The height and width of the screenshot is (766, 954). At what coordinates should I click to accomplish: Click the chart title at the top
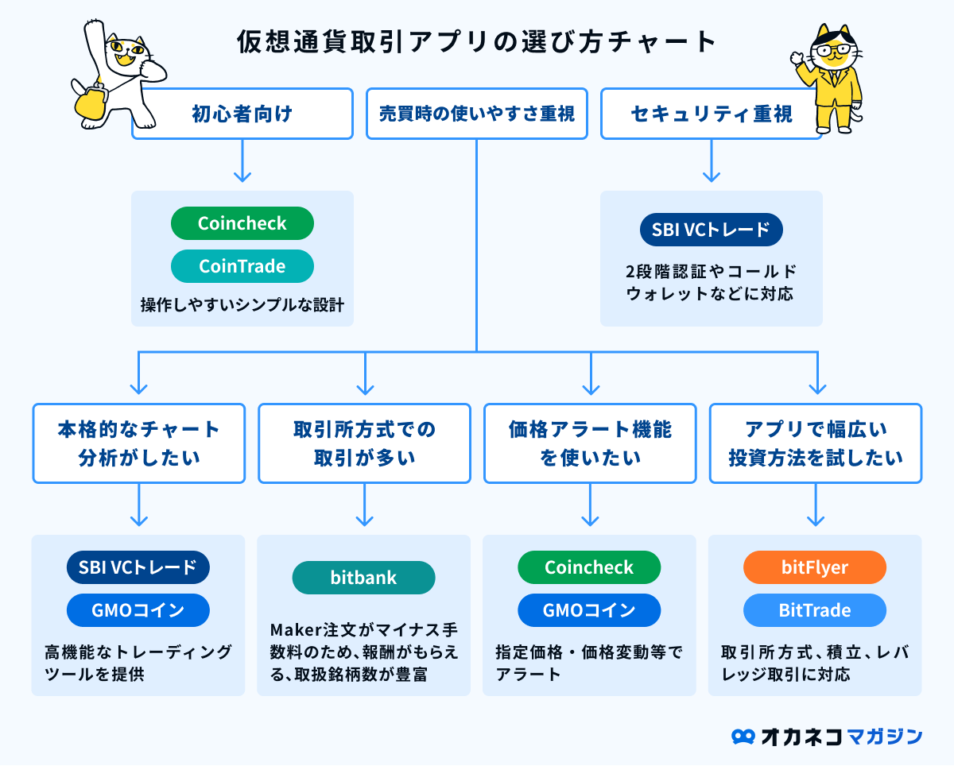[477, 42]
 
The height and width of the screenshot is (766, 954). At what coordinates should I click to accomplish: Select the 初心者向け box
[242, 114]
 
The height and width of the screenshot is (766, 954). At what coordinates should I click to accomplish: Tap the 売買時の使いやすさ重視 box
[476, 114]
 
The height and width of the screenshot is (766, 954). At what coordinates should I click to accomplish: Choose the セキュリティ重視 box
[711, 114]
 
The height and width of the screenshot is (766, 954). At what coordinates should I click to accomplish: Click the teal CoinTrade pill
[242, 266]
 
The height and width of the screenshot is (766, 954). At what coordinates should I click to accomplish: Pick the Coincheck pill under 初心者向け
[242, 223]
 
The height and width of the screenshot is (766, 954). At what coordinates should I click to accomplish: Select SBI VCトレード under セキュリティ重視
[711, 230]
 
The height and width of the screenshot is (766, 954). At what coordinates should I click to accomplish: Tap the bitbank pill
[363, 578]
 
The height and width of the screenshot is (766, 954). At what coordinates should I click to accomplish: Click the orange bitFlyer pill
[814, 567]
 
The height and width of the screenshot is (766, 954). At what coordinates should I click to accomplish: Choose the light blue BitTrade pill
[814, 610]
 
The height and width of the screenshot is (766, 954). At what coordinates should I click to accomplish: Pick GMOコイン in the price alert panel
[589, 610]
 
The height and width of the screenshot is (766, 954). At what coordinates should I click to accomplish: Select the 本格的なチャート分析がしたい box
[138, 443]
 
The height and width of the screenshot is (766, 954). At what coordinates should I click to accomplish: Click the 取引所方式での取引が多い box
[364, 443]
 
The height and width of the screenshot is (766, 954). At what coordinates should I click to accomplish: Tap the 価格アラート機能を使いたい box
[590, 443]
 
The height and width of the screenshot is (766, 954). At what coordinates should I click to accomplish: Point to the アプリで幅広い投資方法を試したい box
[815, 443]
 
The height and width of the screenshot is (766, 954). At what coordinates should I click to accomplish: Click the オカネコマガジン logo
[827, 737]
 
